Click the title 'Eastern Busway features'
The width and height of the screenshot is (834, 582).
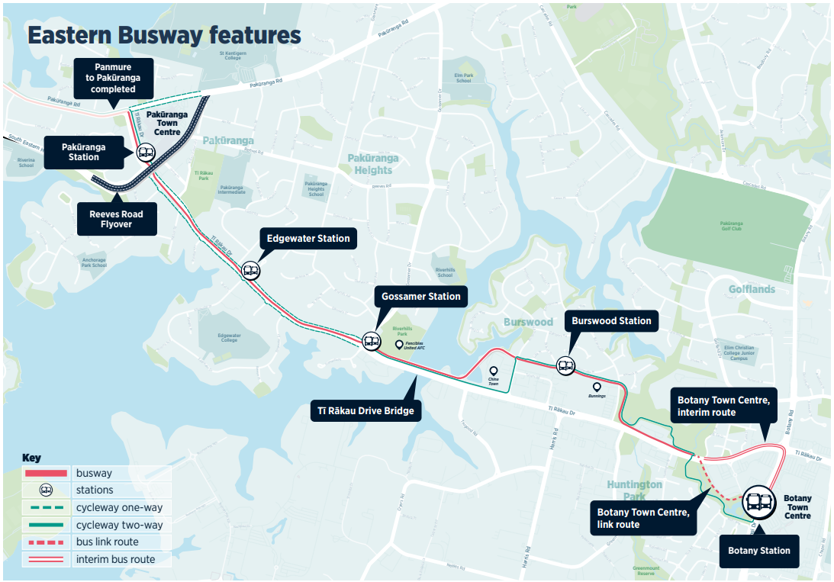[x=164, y=36]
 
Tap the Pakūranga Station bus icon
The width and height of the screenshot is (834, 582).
[x=146, y=153]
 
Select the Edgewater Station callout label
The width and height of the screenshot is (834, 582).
[x=308, y=239]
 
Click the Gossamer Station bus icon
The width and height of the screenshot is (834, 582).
[x=371, y=342]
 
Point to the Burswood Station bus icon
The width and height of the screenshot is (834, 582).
[x=565, y=365]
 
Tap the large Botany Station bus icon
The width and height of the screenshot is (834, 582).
[x=758, y=501]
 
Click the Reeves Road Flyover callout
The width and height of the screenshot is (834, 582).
[x=117, y=220]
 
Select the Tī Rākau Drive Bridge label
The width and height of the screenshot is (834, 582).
[x=365, y=411]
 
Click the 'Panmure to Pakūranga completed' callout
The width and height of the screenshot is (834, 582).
[x=113, y=79]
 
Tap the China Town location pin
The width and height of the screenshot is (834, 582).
[x=493, y=371]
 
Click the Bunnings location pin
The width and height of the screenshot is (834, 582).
[x=597, y=387]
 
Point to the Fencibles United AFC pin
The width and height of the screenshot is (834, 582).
[x=398, y=345]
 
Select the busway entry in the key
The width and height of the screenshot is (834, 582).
[x=93, y=473]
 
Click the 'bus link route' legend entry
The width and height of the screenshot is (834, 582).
[x=108, y=542]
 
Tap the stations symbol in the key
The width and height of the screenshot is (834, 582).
[x=46, y=490]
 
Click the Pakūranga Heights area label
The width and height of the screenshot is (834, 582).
[x=373, y=164]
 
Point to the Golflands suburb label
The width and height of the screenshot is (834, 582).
[x=752, y=289]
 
